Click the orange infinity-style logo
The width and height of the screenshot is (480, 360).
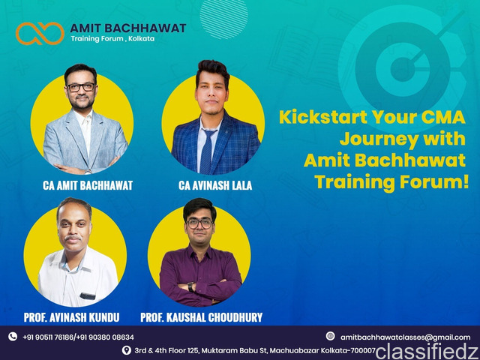(x=40, y=33)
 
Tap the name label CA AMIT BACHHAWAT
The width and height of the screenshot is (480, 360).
(x=88, y=185)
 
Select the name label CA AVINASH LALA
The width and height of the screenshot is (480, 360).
(x=215, y=185)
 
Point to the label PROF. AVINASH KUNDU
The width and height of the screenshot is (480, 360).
(x=72, y=317)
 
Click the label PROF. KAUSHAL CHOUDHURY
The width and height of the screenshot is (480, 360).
(x=202, y=317)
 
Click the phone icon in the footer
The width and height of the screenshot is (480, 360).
(x=13, y=337)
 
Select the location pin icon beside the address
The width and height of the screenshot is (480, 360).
(x=127, y=350)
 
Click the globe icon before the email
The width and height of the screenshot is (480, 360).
(x=330, y=336)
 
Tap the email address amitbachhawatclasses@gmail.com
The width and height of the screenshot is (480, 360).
(x=405, y=337)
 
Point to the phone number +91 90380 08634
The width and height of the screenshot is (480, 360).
(x=105, y=337)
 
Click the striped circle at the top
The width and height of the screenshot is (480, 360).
(x=224, y=19)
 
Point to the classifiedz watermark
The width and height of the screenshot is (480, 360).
(x=427, y=351)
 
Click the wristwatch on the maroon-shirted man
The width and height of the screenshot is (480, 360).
(x=190, y=286)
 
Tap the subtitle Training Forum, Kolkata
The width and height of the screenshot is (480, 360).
(x=112, y=38)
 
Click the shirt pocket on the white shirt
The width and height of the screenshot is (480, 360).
(x=87, y=296)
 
